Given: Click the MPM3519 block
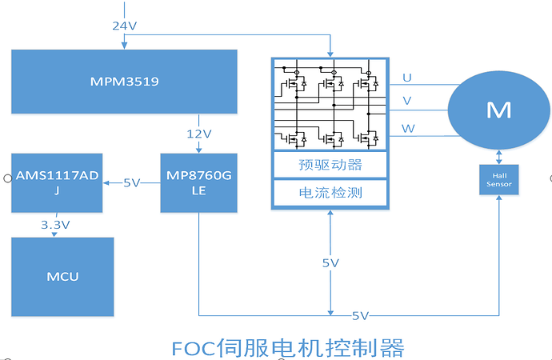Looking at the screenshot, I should (124, 82).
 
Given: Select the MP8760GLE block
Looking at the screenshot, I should (200, 182).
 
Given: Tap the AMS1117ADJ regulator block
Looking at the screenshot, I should (58, 182).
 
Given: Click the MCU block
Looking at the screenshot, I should (62, 277).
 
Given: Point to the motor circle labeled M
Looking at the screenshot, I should (498, 110).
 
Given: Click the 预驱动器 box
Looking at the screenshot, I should (330, 166).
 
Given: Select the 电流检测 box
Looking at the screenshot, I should (330, 192).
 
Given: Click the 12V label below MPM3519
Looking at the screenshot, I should (200, 133).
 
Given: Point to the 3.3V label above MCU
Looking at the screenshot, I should (56, 226).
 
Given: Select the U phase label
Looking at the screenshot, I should (407, 78).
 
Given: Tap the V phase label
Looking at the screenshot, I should (407, 102).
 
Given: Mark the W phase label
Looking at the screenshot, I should (408, 128).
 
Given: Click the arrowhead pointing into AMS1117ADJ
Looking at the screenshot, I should (107, 182).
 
